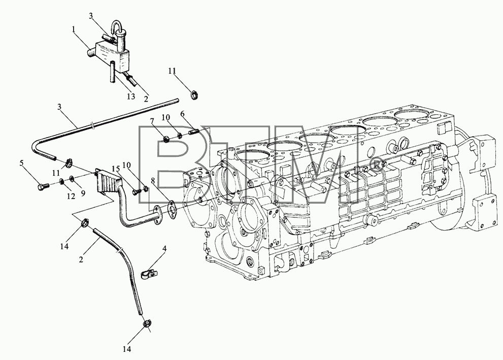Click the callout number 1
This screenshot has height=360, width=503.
pos(74,29)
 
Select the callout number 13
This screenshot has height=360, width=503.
pos(131,96)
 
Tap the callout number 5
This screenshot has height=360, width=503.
pos(21,163)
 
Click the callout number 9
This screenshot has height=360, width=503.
pos(83,193)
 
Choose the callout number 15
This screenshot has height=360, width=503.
pos(116,168)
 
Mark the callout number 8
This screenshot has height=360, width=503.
pos(153,181)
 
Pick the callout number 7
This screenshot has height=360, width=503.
pos(152,121)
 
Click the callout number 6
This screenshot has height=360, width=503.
pos(182,113)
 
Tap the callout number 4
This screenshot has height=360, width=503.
pos(164,248)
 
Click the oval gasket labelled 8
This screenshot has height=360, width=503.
pos(171,207)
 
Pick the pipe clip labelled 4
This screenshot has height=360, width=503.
pos(149,274)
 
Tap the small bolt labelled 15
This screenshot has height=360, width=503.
pos(137,193)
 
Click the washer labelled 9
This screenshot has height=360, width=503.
pos(72,177)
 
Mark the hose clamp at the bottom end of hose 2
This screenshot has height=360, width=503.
pos(147,323)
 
